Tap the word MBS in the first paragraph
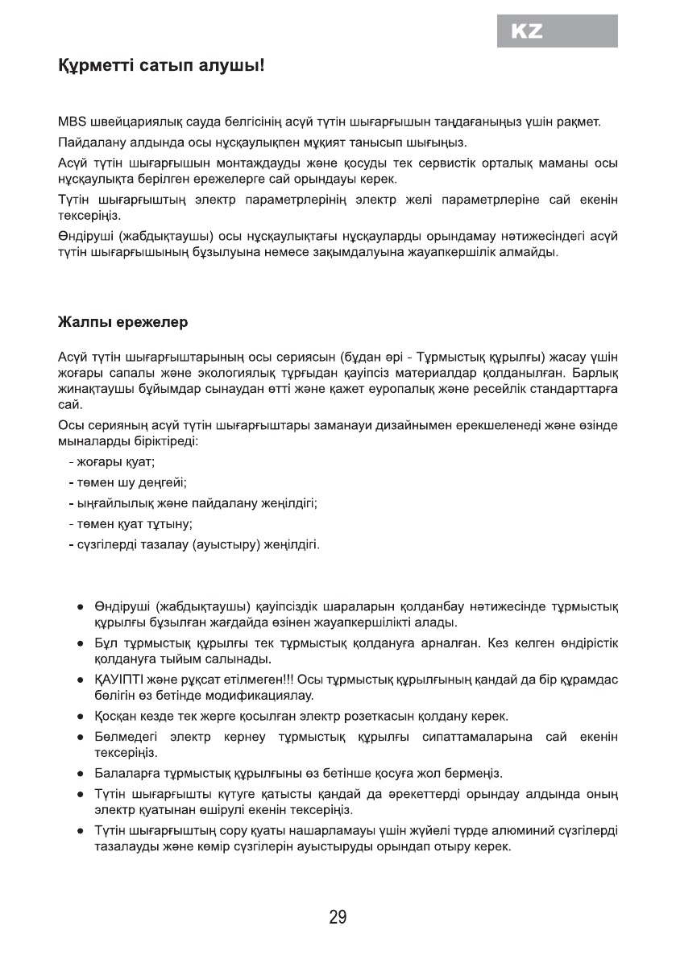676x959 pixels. click(71, 124)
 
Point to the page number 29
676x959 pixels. click(338, 917)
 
